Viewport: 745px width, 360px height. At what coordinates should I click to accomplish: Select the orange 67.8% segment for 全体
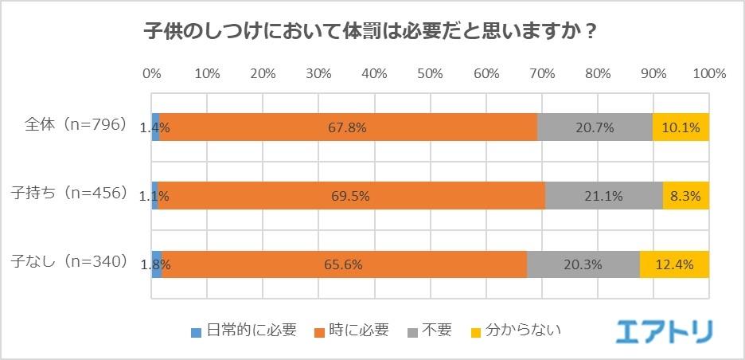click(x=348, y=127)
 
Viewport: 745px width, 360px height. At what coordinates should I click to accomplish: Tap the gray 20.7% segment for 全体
click(x=595, y=127)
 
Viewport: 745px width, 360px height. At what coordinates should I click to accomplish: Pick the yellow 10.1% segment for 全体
click(x=681, y=127)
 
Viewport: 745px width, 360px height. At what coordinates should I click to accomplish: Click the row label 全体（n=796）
click(x=76, y=125)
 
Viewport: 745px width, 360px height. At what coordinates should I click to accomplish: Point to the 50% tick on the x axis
click(x=430, y=74)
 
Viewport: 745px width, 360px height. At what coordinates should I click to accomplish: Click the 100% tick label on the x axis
click(x=708, y=74)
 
